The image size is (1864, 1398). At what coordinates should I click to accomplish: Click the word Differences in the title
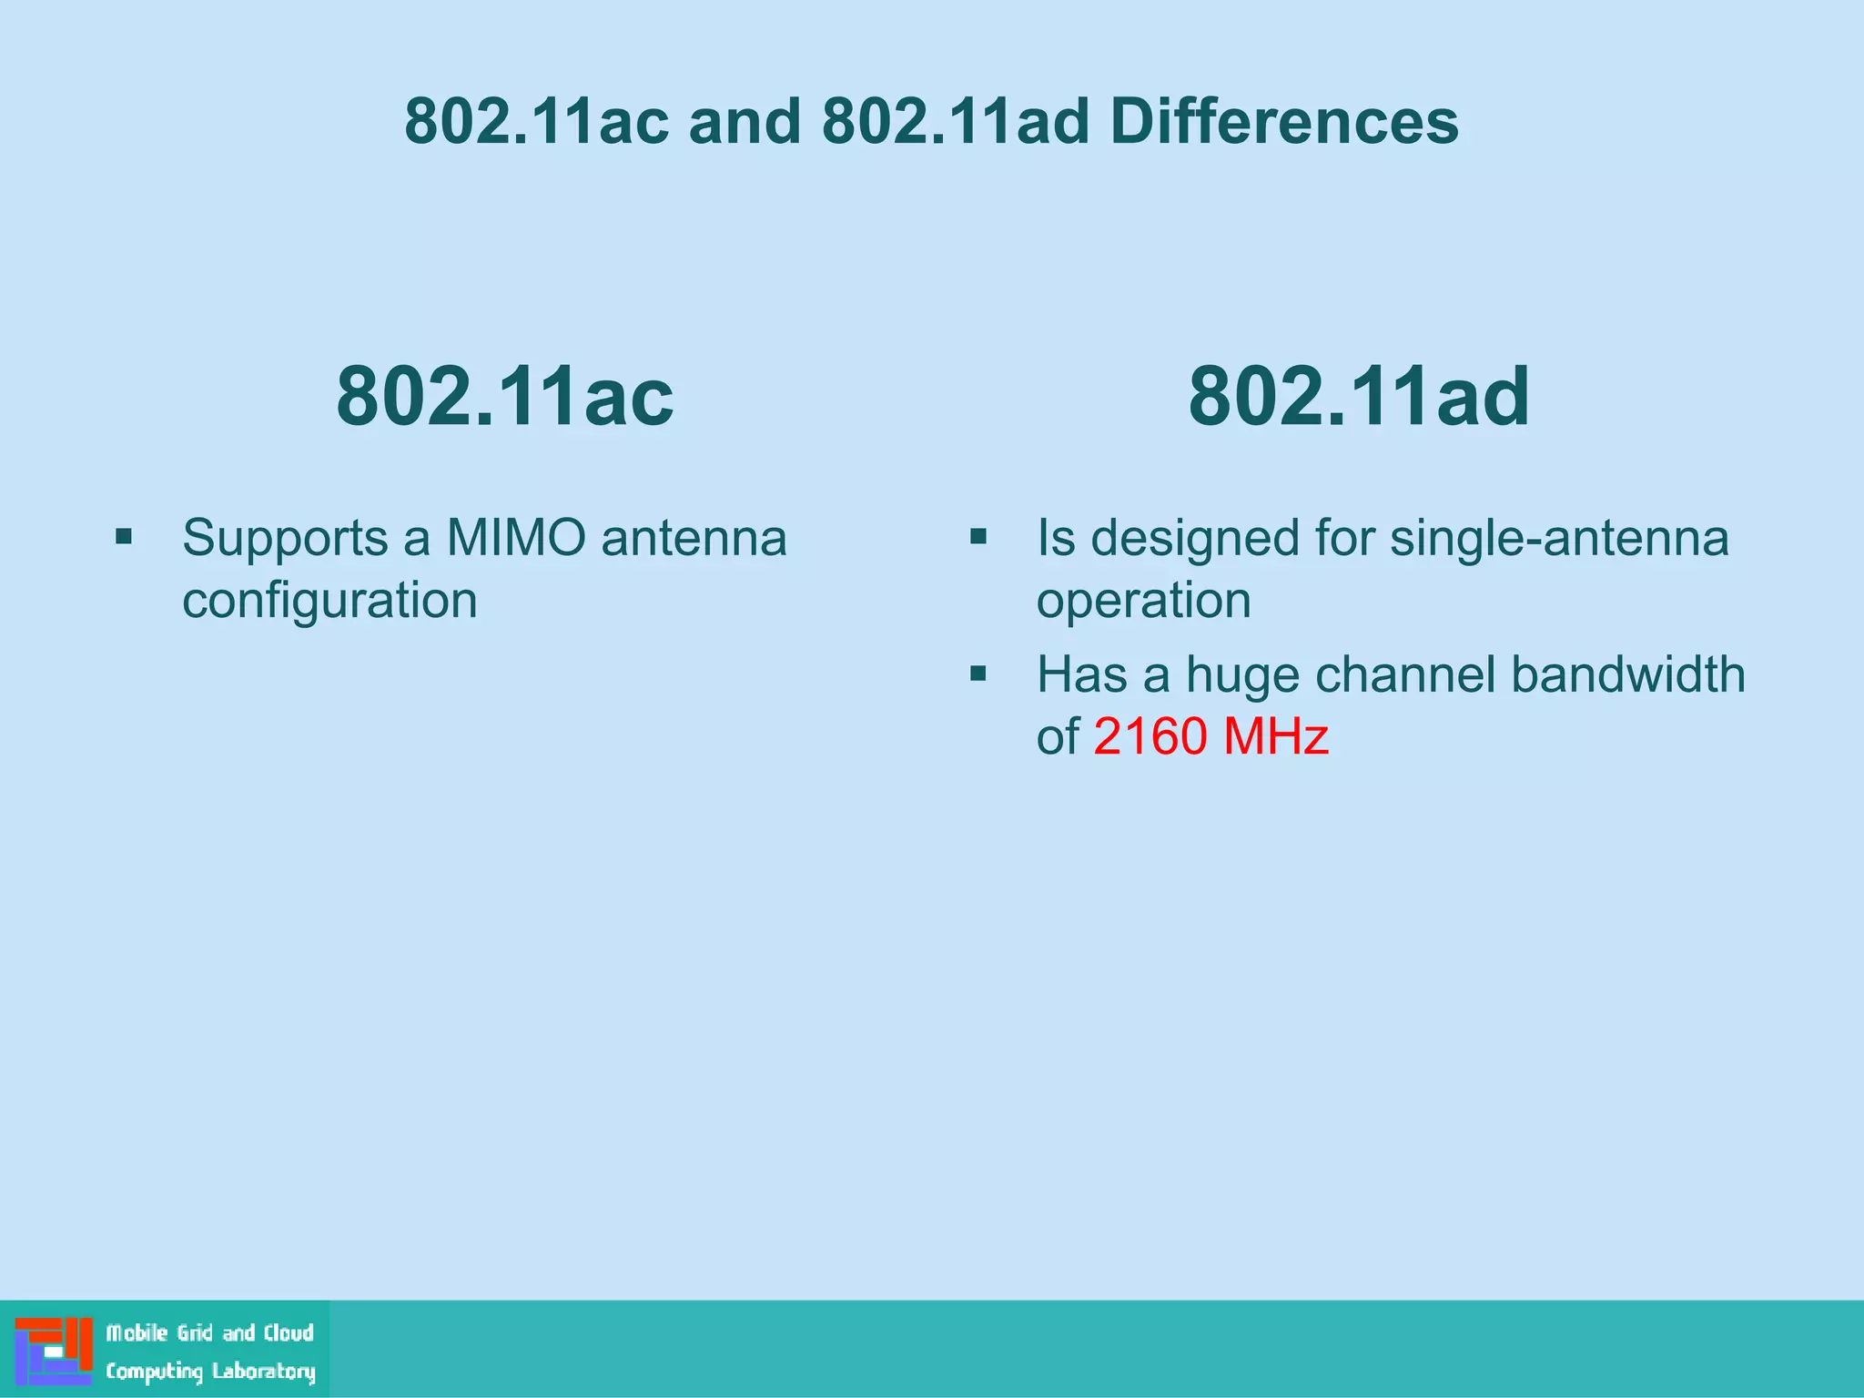[1284, 121]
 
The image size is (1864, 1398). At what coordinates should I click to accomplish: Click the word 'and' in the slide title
[745, 121]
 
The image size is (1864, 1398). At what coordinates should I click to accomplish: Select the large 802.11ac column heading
[505, 396]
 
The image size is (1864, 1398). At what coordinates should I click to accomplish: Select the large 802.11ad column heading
[1359, 396]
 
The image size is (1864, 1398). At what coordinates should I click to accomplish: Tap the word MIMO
[516, 537]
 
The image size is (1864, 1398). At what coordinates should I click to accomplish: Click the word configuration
[329, 601]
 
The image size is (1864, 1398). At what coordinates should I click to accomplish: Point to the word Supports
[285, 539]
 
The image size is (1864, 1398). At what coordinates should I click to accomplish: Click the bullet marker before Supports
[124, 537]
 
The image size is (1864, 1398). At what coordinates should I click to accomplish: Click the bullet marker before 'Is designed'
[978, 537]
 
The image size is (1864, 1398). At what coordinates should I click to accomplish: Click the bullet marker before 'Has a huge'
[978, 674]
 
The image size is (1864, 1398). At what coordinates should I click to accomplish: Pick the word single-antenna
[1559, 537]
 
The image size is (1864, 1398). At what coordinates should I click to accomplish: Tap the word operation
[1144, 601]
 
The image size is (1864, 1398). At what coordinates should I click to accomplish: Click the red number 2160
[1150, 735]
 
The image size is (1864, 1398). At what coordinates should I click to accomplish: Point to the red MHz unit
[1276, 735]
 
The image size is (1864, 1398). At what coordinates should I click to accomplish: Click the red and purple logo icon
[54, 1351]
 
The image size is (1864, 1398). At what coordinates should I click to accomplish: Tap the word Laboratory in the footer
[264, 1371]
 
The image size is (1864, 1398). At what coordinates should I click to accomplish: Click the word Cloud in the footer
[289, 1332]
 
